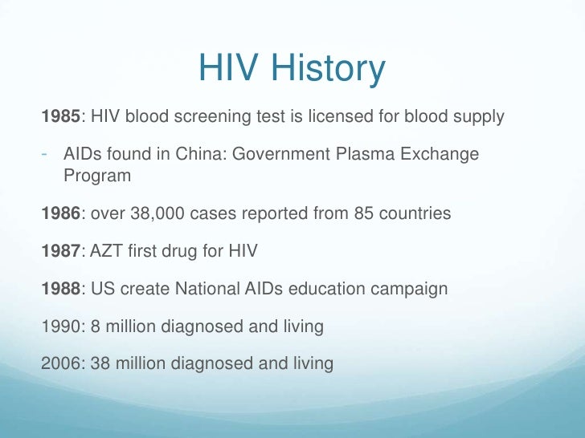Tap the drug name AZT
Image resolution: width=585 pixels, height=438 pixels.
pyautogui.click(x=108, y=252)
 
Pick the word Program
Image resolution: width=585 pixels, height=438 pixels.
pyautogui.click(x=96, y=175)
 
